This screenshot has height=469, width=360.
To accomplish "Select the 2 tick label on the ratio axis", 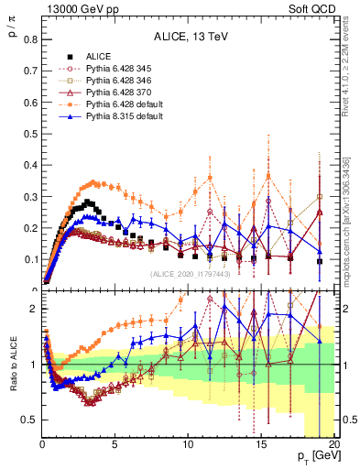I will (x=33, y=309).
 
